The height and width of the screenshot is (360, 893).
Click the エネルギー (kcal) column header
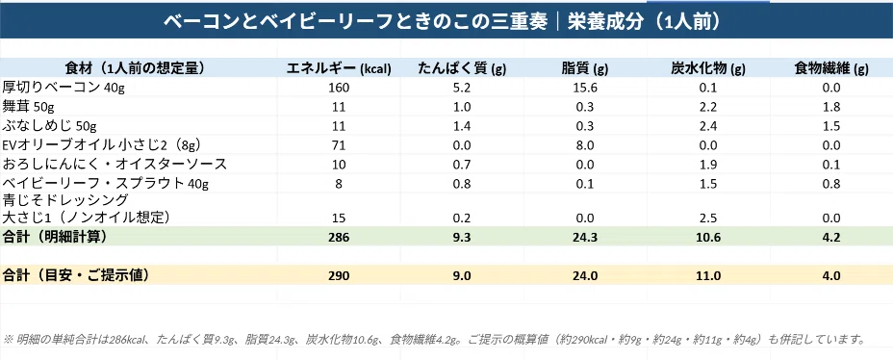click(339, 69)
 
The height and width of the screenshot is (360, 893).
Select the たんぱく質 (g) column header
click(462, 69)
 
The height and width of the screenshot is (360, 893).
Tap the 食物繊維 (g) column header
click(831, 69)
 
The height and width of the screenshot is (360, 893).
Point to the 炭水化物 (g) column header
click(708, 69)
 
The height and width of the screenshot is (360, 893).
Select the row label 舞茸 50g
click(29, 107)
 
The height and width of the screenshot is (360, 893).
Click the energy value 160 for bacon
click(339, 89)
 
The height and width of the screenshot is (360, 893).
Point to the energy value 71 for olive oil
click(339, 145)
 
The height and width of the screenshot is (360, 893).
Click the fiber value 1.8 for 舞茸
click(831, 108)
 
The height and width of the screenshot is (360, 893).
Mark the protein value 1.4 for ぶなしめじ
click(462, 126)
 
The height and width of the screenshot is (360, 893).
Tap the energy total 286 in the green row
click(339, 238)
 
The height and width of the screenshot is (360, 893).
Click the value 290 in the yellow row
click(339, 276)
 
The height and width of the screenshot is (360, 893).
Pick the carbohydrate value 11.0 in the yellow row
click(708, 276)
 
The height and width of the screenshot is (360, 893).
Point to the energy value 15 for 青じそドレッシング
click(339, 217)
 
